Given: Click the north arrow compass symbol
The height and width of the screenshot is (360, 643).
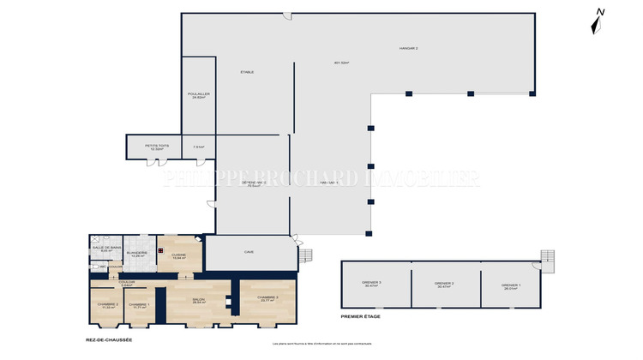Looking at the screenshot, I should click(599, 21).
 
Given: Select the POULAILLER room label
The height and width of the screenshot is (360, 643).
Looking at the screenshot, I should click(198, 95).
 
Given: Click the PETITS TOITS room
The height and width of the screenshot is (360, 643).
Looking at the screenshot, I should click(157, 147).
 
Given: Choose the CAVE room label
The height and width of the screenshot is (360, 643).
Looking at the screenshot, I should click(249, 252).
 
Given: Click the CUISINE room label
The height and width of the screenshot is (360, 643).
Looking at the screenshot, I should click(178, 255).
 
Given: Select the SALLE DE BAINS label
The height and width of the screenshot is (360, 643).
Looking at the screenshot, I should click(106, 249).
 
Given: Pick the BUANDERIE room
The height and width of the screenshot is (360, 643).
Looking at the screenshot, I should click(137, 254).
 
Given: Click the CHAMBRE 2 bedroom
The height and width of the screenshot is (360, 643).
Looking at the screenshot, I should click(106, 305).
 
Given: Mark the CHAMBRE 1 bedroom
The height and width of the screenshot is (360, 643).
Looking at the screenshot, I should click(139, 305).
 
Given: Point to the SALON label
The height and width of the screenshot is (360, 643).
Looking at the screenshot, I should click(198, 301).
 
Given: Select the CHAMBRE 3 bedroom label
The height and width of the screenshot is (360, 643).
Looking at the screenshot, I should click(267, 298).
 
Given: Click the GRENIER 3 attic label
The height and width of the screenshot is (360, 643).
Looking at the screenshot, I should click(373, 284).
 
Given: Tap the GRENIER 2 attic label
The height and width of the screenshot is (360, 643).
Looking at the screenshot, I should click(444, 284).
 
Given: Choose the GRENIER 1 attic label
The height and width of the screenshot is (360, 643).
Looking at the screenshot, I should click(512, 285).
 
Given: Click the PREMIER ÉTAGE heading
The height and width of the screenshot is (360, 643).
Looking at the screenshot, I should click(360, 316).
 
